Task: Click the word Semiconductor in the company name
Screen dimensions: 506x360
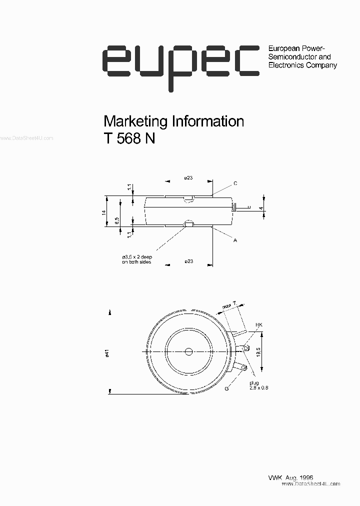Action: click(x=289, y=57)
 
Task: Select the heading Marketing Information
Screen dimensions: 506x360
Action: click(x=173, y=121)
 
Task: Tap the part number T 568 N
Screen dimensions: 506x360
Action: click(x=129, y=139)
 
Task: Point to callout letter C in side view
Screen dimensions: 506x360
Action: click(x=235, y=184)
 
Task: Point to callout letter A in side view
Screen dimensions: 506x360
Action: click(x=234, y=240)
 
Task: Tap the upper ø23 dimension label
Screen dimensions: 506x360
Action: click(x=188, y=178)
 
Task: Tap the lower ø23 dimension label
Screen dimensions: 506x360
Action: click(x=188, y=261)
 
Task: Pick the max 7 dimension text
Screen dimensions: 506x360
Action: click(x=229, y=304)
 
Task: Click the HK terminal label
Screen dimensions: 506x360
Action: click(x=258, y=325)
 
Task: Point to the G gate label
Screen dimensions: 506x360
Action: click(x=226, y=388)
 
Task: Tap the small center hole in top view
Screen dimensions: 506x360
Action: click(x=188, y=351)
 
